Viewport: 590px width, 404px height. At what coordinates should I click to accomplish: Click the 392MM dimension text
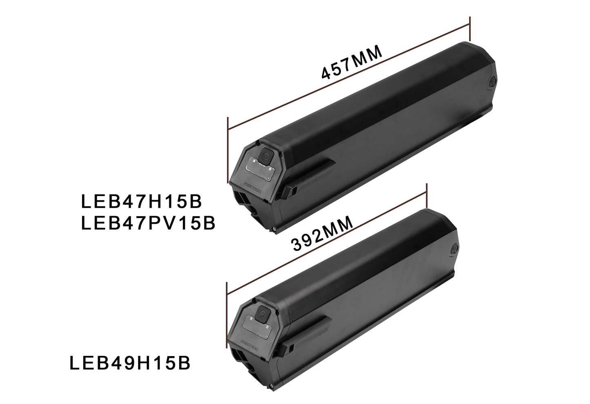click(x=322, y=236)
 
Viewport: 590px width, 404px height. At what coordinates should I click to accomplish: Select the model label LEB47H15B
click(x=142, y=201)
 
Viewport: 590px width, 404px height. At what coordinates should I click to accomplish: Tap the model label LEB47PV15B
click(x=148, y=223)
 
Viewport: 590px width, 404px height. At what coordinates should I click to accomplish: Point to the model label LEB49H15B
click(x=130, y=364)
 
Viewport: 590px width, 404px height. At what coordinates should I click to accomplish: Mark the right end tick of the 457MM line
click(x=470, y=29)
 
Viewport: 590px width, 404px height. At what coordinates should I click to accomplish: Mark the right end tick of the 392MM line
click(x=426, y=196)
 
